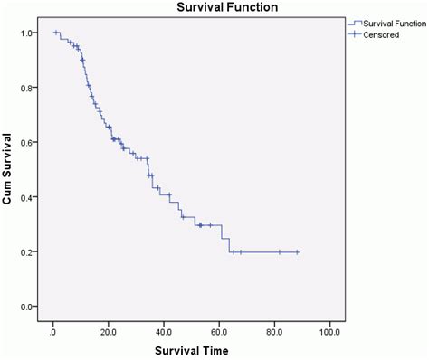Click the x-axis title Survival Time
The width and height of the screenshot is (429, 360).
(190, 349)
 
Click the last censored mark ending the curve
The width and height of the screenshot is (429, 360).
(297, 252)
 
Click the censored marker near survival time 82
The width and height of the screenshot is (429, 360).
(280, 252)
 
